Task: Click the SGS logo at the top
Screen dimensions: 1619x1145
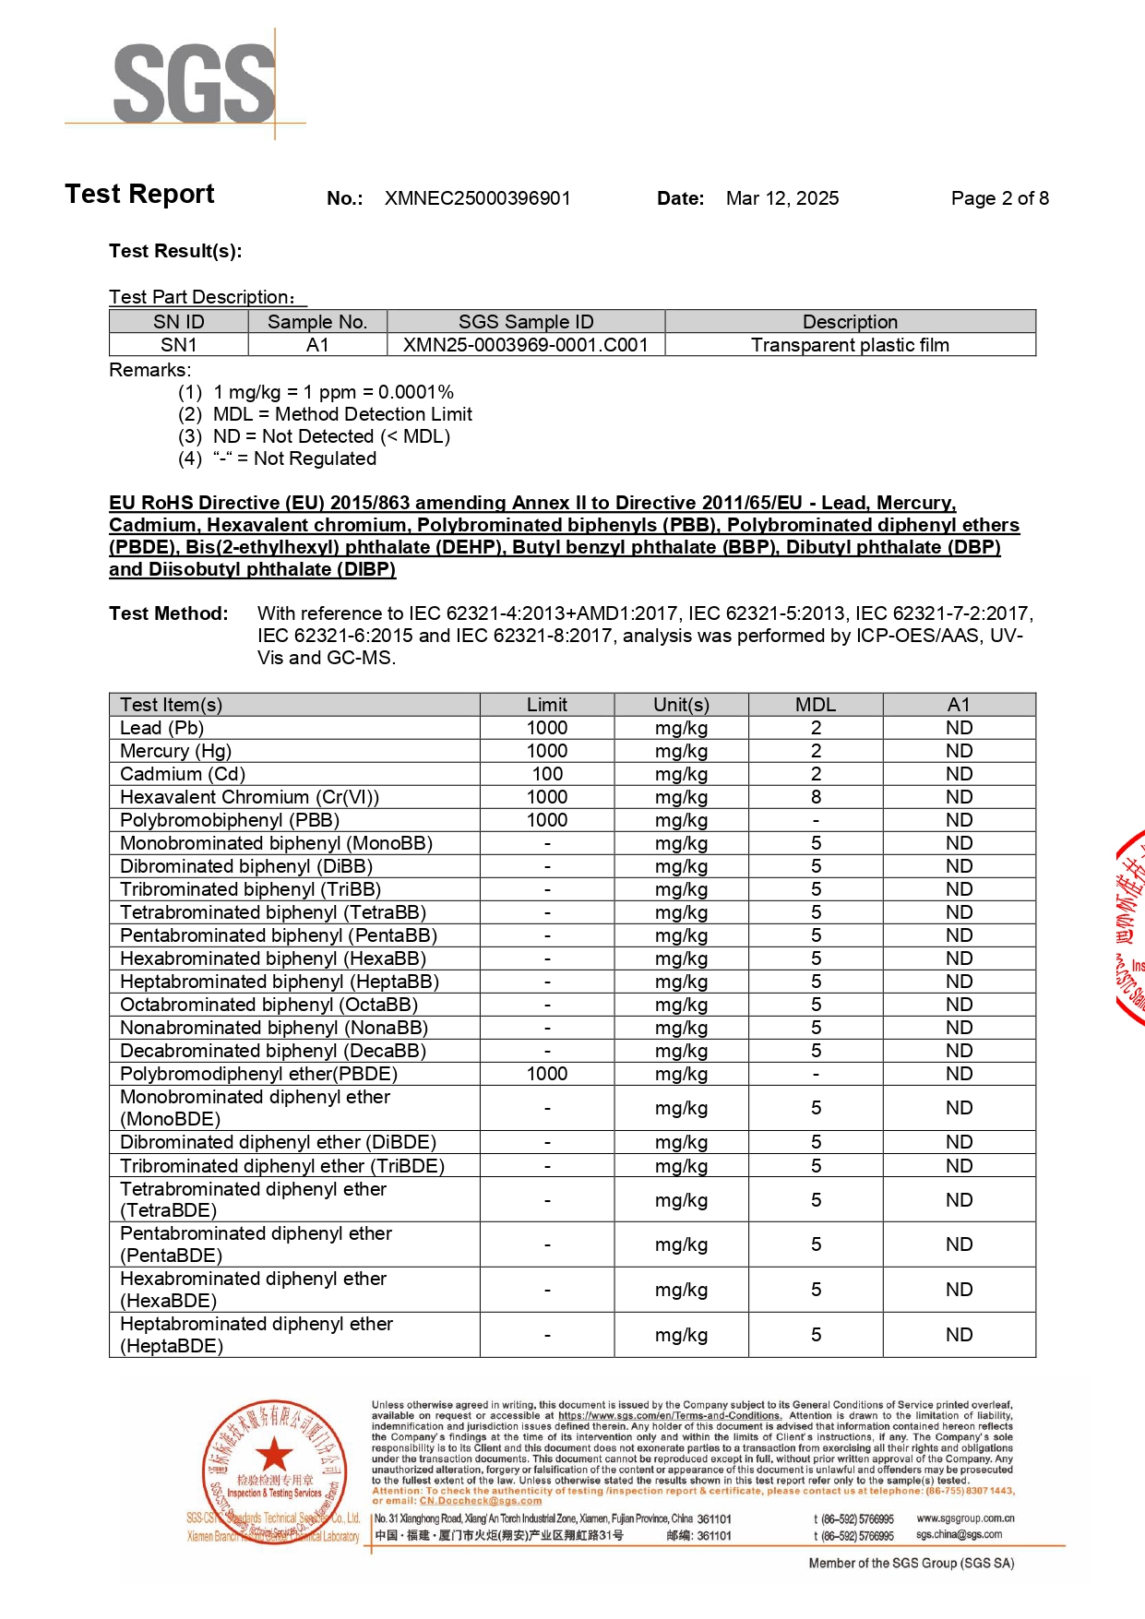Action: click(194, 83)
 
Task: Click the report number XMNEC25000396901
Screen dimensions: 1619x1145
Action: click(477, 198)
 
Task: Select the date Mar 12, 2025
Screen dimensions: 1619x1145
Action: click(781, 198)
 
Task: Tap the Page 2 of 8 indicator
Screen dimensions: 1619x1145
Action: click(999, 198)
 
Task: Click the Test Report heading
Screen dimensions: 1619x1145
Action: click(139, 194)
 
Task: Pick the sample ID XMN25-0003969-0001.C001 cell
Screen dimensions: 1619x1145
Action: click(525, 345)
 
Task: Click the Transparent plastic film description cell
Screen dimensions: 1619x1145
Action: click(849, 345)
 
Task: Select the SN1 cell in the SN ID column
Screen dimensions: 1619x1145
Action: click(179, 345)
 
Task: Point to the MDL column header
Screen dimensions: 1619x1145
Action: click(816, 705)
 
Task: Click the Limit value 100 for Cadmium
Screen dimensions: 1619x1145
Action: click(547, 774)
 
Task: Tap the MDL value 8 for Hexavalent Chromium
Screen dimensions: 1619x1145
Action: click(816, 797)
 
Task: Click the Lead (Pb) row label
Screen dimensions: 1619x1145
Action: click(161, 728)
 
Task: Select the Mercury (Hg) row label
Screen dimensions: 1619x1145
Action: click(175, 751)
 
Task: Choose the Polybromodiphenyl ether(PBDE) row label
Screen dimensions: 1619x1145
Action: click(258, 1074)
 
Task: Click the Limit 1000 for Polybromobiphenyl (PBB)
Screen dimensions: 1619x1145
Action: click(547, 820)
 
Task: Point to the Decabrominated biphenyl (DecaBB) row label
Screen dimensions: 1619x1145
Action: click(273, 1051)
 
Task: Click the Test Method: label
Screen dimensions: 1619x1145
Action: click(169, 613)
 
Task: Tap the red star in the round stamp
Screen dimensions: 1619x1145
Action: click(274, 1455)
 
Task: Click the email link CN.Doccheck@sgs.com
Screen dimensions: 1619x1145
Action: click(480, 1501)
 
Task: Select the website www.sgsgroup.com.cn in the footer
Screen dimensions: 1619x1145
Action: click(965, 1518)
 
